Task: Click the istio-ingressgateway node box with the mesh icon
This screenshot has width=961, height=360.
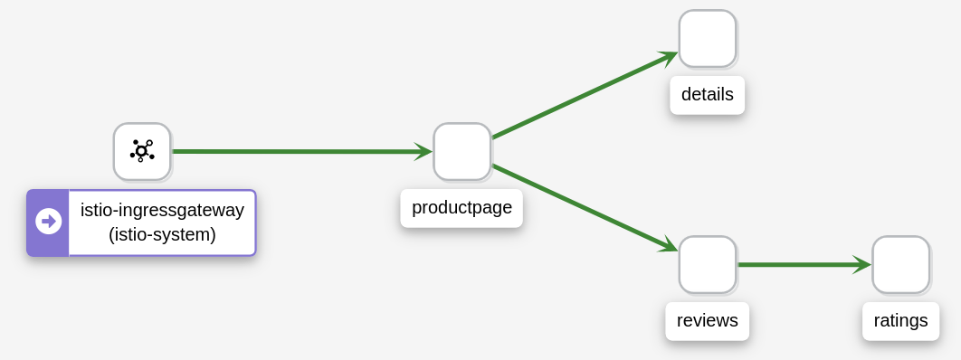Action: click(142, 151)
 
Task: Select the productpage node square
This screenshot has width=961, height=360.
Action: click(461, 151)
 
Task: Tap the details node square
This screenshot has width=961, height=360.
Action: click(707, 38)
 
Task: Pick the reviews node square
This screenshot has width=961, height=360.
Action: click(707, 264)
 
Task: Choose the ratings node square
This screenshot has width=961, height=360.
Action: click(900, 264)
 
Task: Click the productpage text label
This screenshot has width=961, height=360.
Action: click(461, 208)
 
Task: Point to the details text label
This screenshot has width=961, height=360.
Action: click(707, 95)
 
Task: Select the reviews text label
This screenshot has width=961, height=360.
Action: click(707, 320)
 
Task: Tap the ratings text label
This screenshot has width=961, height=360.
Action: click(900, 320)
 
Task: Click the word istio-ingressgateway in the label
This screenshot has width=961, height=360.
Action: click(162, 210)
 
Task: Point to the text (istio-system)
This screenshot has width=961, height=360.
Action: click(162, 235)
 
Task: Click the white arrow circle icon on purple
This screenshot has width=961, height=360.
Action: click(48, 222)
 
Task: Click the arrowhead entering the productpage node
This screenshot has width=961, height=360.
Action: click(423, 151)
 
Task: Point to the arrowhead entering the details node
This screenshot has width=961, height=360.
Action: click(669, 57)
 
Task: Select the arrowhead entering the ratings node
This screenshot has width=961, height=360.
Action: click(861, 264)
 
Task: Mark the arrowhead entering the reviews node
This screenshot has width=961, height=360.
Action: click(670, 246)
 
